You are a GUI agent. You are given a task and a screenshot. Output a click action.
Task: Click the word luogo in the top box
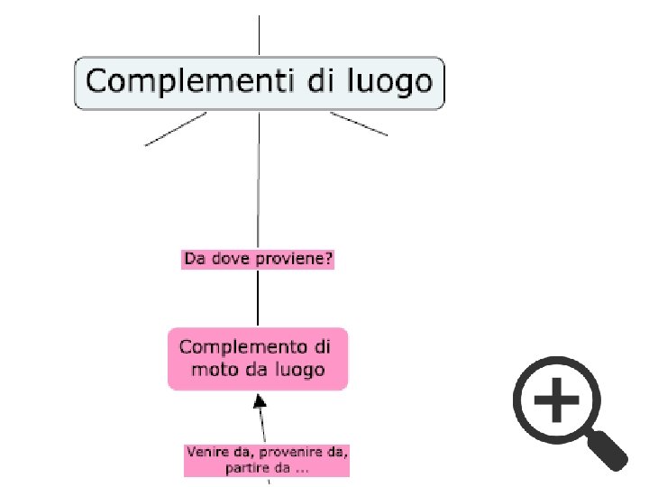(x=389, y=83)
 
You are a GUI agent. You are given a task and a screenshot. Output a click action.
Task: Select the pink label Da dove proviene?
(x=259, y=260)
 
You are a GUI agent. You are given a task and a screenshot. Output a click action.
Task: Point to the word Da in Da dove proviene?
(x=194, y=260)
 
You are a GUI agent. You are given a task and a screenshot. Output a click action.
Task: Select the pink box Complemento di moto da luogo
(x=258, y=358)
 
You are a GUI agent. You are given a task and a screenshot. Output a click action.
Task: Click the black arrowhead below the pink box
(x=258, y=400)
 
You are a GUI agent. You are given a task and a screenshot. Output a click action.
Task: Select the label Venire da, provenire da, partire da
(x=266, y=459)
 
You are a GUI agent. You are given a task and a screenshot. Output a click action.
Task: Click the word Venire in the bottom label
(x=206, y=450)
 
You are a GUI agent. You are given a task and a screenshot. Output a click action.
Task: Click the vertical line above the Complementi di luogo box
(x=260, y=36)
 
